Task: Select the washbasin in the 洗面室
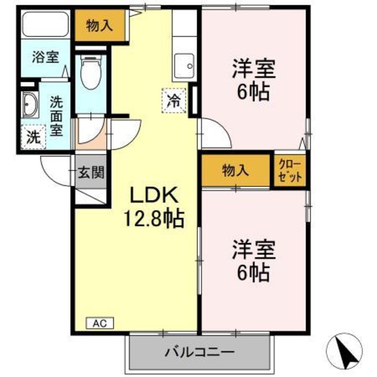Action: (30, 105)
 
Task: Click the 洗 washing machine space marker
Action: (33, 136)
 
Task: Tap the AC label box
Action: (100, 323)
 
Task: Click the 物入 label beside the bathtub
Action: (99, 26)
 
